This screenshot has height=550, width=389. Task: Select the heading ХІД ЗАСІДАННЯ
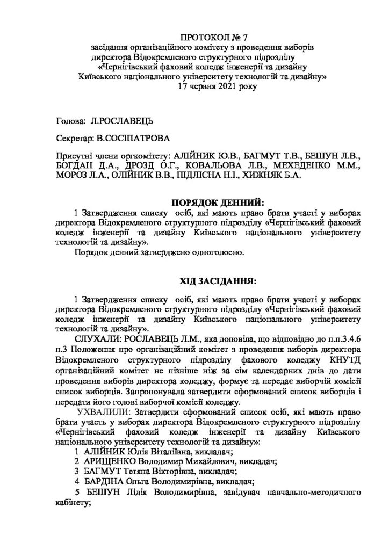[217, 281]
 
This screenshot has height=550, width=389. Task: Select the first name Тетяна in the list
[141, 472]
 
